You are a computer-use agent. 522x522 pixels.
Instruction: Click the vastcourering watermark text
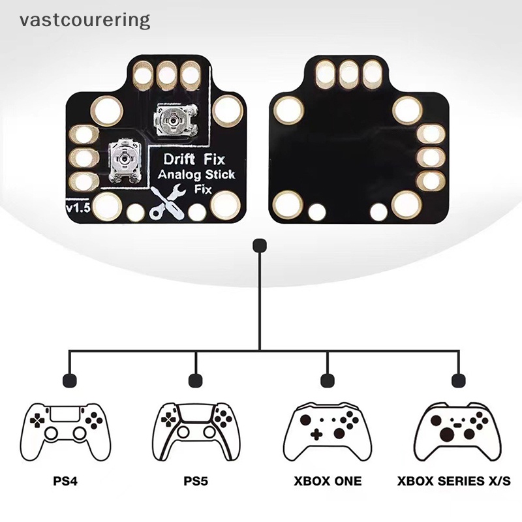85,21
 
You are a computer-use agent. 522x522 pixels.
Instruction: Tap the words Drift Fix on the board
194,159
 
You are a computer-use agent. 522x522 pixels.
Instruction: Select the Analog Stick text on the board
196,174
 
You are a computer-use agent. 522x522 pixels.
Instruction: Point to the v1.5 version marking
78,207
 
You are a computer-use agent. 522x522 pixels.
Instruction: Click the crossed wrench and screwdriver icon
166,203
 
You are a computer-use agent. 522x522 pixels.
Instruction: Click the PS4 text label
65,481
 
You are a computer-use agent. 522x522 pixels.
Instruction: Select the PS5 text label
196,481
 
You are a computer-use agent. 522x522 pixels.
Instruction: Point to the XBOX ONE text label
328,481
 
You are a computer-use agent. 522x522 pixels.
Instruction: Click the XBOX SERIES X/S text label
453,481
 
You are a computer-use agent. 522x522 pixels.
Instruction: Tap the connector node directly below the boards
260,246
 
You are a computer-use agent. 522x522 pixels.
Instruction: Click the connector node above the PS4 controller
70,380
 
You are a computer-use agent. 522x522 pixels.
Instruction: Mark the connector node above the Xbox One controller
328,380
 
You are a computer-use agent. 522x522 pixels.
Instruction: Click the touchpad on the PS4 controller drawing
65,413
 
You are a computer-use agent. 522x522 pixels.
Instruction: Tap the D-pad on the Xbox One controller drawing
316,434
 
